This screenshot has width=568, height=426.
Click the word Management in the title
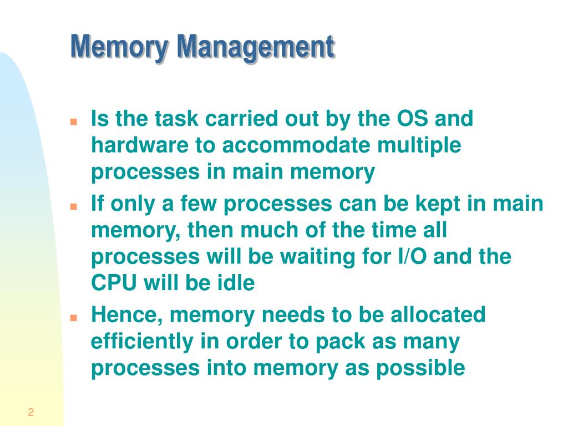[x=256, y=48]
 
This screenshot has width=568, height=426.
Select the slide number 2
[x=31, y=412]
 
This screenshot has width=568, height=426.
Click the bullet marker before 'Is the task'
[x=73, y=121]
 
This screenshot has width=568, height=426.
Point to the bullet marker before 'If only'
[x=73, y=206]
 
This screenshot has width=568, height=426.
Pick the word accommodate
[x=297, y=146]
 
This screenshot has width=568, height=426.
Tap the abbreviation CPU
[x=113, y=284]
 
